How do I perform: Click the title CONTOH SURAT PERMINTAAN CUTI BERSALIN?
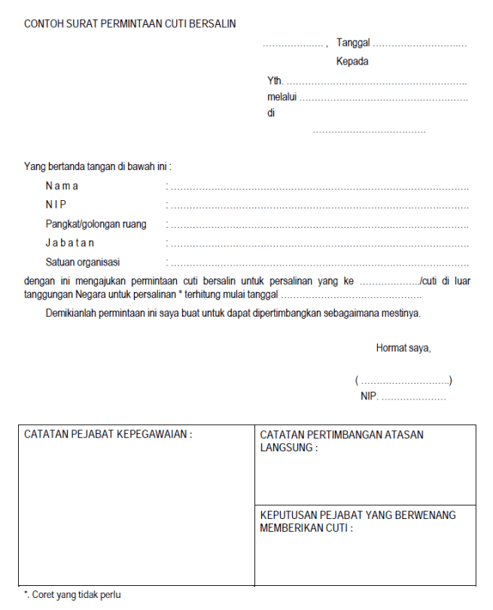coord(130,24)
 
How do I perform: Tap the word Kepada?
coord(352,62)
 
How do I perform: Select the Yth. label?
coord(275,80)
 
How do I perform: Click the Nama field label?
coord(62,186)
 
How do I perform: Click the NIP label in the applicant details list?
coord(56,205)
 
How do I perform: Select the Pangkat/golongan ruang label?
coord(96,224)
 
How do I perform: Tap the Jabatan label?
coord(70,243)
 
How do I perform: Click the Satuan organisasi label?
coord(83,263)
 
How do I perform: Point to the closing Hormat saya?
coord(403,348)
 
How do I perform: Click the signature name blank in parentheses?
coord(403,381)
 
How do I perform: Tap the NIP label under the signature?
coord(369,397)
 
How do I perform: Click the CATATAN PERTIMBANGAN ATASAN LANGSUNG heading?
coord(341,441)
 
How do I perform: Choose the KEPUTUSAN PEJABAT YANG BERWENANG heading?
coord(358,521)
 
